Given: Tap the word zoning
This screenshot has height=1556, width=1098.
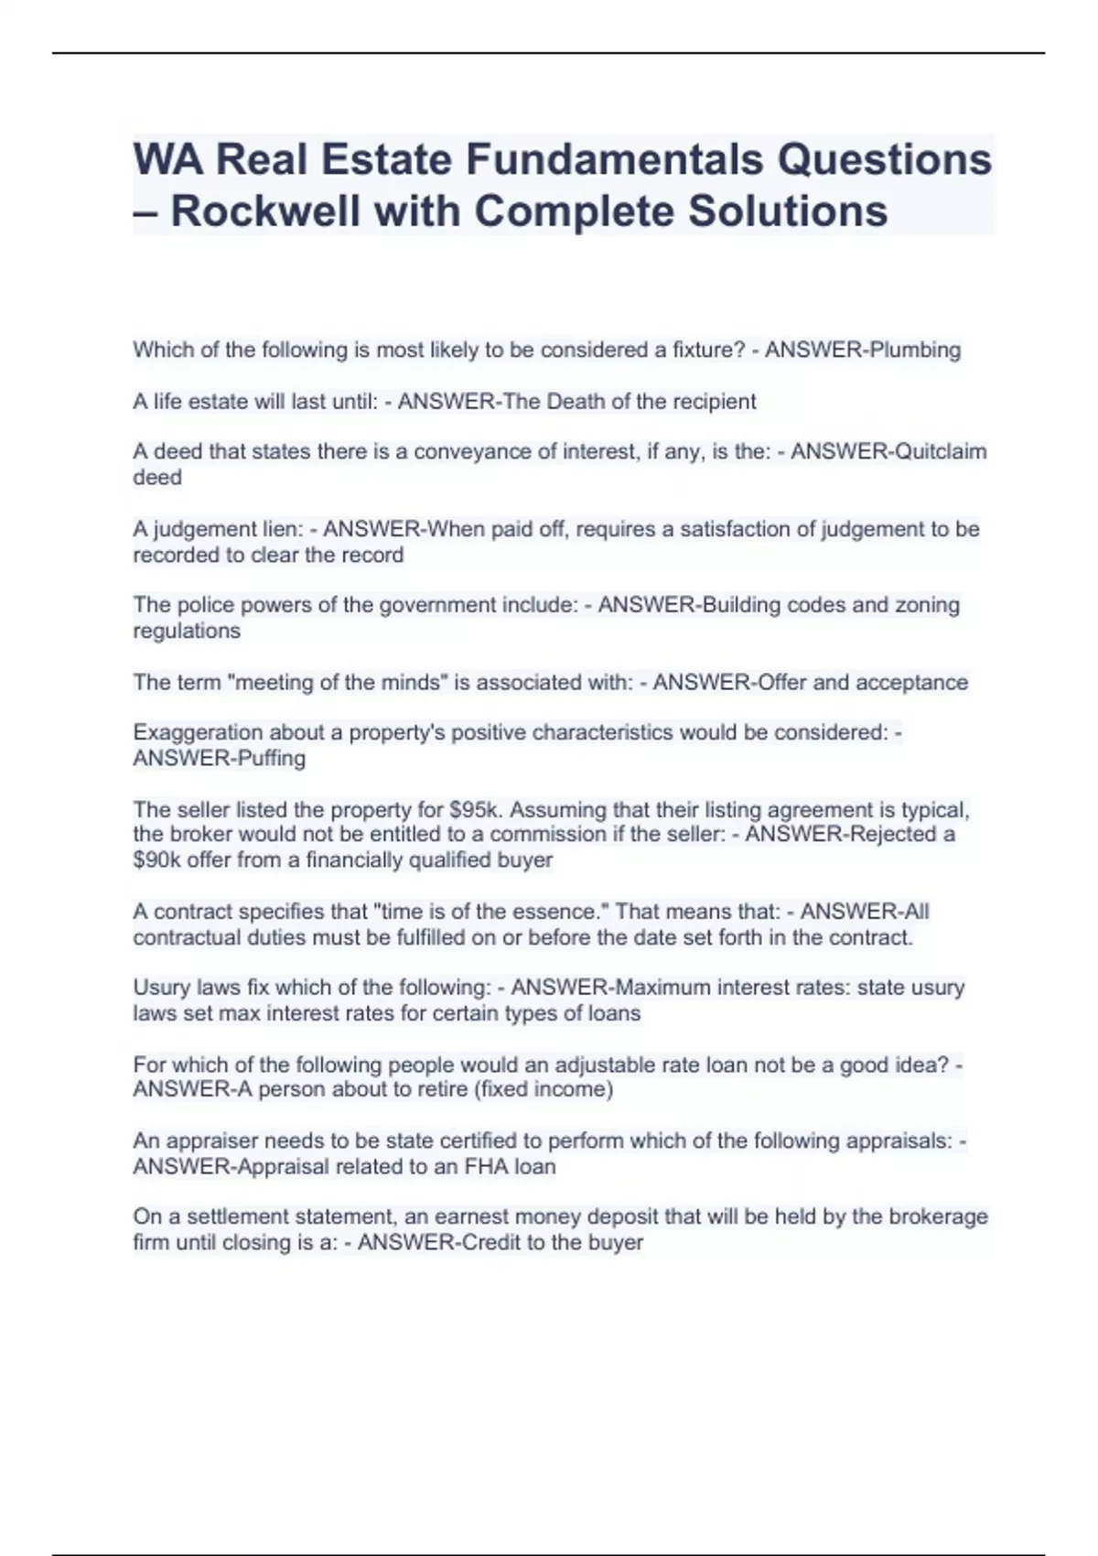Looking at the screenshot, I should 927,605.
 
